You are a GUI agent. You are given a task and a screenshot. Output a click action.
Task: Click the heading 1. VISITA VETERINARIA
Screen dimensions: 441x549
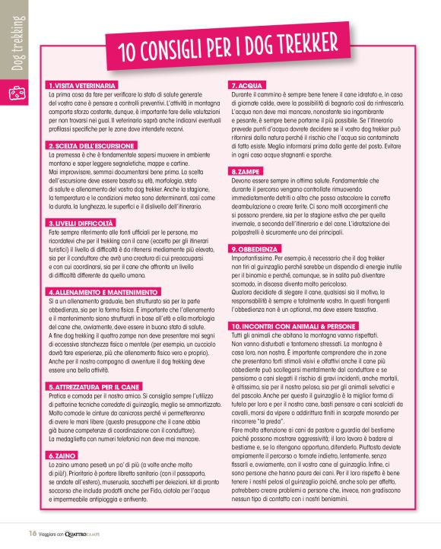82,84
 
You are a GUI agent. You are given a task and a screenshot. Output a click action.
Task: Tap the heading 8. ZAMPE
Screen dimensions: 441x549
246,173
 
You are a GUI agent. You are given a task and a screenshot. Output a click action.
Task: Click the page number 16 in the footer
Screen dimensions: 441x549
34,532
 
